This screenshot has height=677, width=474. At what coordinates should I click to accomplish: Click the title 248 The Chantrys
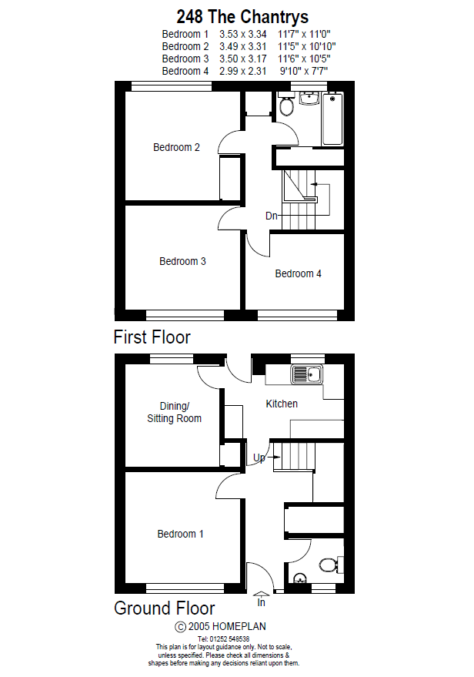coord(242,16)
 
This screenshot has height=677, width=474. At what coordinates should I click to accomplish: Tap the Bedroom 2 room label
coord(176,147)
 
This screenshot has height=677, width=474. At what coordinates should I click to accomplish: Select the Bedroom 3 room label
coord(182,261)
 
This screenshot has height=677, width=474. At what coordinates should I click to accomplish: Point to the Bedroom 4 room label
coord(299,273)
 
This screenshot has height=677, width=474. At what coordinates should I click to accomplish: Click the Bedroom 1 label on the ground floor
coord(181,534)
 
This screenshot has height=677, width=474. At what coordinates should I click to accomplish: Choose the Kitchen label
coord(282,404)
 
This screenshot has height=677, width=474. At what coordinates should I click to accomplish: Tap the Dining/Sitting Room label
coord(175,412)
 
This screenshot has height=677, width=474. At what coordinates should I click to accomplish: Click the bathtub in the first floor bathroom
coord(332,119)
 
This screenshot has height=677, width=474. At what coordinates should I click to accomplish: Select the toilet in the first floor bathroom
coord(286,106)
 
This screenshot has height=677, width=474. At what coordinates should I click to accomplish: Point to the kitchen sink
coord(307,375)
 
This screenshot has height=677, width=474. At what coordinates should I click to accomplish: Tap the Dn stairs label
coord(271,216)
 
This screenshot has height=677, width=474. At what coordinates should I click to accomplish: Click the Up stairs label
coord(259,458)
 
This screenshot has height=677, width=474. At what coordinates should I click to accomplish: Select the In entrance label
coord(261,602)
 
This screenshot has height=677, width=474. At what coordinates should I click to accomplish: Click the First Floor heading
coord(152,337)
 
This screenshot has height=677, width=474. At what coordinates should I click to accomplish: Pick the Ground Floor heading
coord(165,608)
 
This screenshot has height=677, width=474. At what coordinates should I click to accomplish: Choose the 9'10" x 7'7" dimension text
coord(302,71)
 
